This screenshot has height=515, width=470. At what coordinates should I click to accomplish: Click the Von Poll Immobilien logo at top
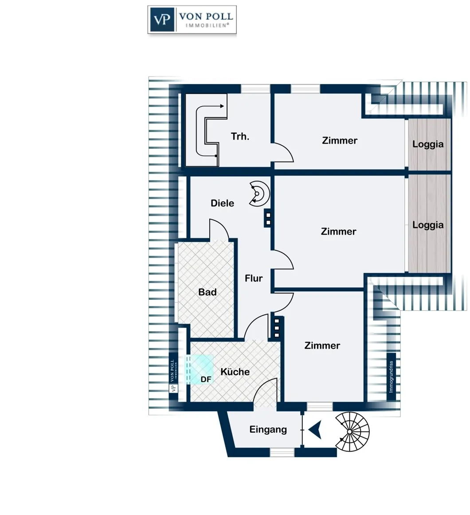[x=192, y=19]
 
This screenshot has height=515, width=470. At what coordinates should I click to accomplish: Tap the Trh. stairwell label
[x=240, y=136]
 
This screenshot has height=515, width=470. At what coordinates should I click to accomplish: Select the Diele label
[x=222, y=203]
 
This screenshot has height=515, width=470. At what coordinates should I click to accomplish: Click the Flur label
[x=254, y=278]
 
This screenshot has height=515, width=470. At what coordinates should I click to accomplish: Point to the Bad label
[x=207, y=292]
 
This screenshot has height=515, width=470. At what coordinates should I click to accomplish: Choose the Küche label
[x=235, y=372]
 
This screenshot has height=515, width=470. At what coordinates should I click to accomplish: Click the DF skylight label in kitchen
[x=206, y=379]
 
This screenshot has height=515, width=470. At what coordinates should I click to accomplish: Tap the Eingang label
[x=268, y=430]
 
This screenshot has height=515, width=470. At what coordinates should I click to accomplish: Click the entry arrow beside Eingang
[x=315, y=430]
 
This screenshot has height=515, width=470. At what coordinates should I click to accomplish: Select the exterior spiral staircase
[x=352, y=431]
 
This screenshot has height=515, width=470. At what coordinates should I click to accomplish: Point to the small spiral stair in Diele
[x=259, y=194]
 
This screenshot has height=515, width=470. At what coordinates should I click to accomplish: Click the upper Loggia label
[x=428, y=144]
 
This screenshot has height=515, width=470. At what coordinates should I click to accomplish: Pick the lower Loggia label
[x=428, y=225]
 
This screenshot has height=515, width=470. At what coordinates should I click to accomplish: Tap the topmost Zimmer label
[x=340, y=140]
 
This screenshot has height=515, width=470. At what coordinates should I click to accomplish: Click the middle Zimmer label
[x=338, y=232]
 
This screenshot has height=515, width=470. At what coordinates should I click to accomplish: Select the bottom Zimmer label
[x=322, y=345]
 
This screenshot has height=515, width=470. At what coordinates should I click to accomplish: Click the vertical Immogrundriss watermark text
[x=391, y=377]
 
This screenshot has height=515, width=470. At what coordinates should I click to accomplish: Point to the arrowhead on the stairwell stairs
[x=222, y=106]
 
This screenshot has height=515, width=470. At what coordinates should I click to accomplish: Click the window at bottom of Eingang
[x=282, y=453]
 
